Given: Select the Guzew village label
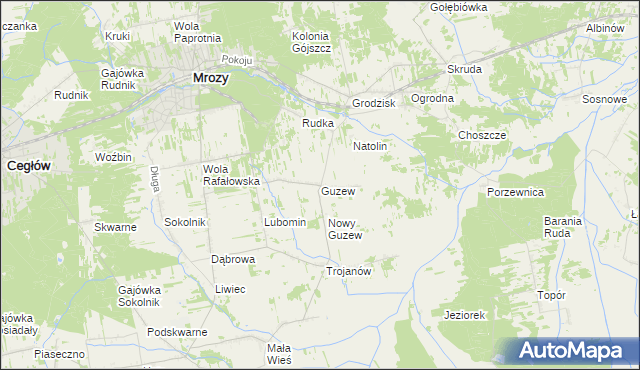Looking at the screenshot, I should coord(338,190).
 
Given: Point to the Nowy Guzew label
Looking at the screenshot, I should coord(344,229).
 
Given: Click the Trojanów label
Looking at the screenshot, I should coord(349,271).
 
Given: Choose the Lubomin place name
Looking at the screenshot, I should coord(283,222).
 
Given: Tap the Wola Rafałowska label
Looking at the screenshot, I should coord(231,175).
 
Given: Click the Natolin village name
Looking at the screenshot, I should coord(369,146).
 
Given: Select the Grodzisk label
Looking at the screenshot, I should coord(374,104).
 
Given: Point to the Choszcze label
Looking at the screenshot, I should coord(482,135).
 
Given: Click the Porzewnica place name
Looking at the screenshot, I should coord(515,191).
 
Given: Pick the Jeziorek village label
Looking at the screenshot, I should coord(464,315).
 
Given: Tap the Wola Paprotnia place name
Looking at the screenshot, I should coord(197,32).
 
